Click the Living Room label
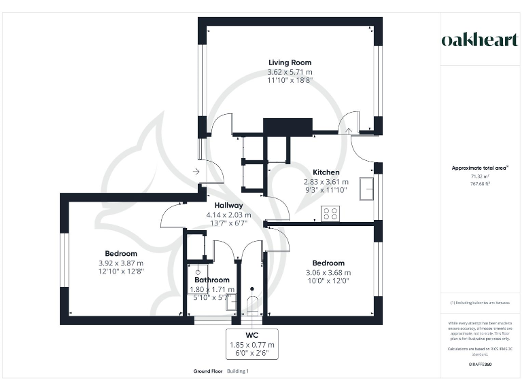289,62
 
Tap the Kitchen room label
326,172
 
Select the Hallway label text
228,206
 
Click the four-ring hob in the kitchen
330,214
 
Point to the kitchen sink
366,188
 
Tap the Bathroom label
211,280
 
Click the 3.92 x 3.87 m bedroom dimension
120,263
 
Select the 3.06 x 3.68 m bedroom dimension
328,272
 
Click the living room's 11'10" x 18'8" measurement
289,79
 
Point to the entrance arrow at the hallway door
196,172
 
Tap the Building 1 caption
238,371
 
